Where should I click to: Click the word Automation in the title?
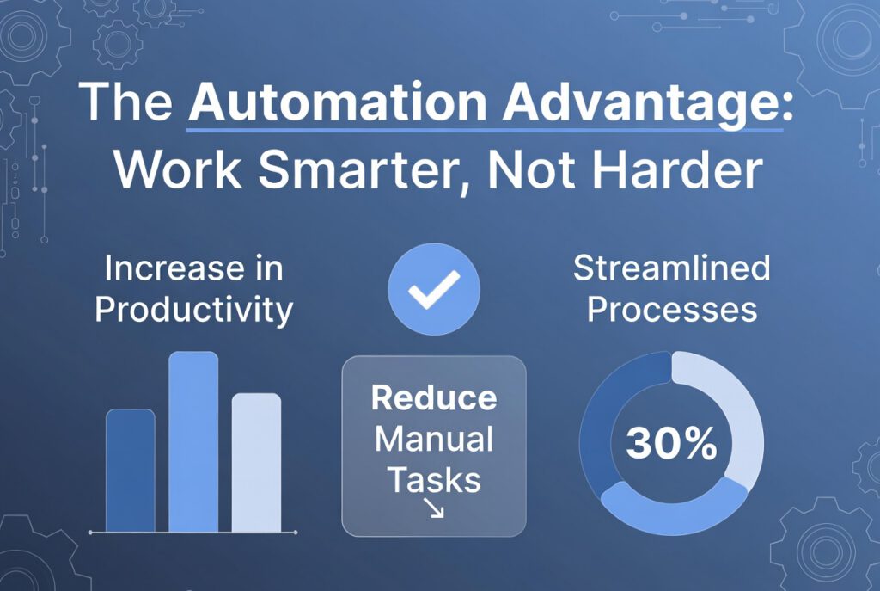point(338,102)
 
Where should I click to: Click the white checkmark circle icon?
point(434,289)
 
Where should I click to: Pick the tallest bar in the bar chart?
point(193,441)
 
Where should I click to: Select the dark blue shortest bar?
point(131,471)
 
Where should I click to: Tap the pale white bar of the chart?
point(256,462)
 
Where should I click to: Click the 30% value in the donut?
point(671,443)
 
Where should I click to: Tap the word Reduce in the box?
point(434,397)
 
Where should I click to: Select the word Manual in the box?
point(434,439)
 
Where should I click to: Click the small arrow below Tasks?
point(434,508)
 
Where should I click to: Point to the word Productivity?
point(194,310)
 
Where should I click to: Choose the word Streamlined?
point(672,268)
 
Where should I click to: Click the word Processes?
point(672,310)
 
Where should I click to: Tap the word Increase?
point(174,268)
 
